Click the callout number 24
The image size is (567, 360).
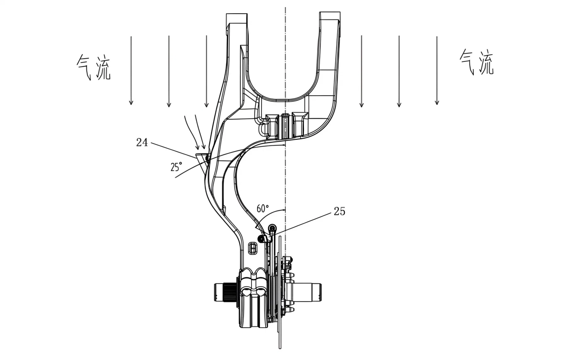tap(142, 142)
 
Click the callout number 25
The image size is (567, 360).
tap(339, 211)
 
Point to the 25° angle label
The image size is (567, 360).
tap(176, 167)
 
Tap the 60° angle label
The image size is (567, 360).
tap(263, 209)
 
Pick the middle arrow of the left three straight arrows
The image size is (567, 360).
tap(169, 71)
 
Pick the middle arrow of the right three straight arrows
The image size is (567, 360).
tap(399, 71)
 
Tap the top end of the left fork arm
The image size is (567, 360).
tap(237, 18)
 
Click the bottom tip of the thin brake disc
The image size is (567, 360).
tap(280, 347)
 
